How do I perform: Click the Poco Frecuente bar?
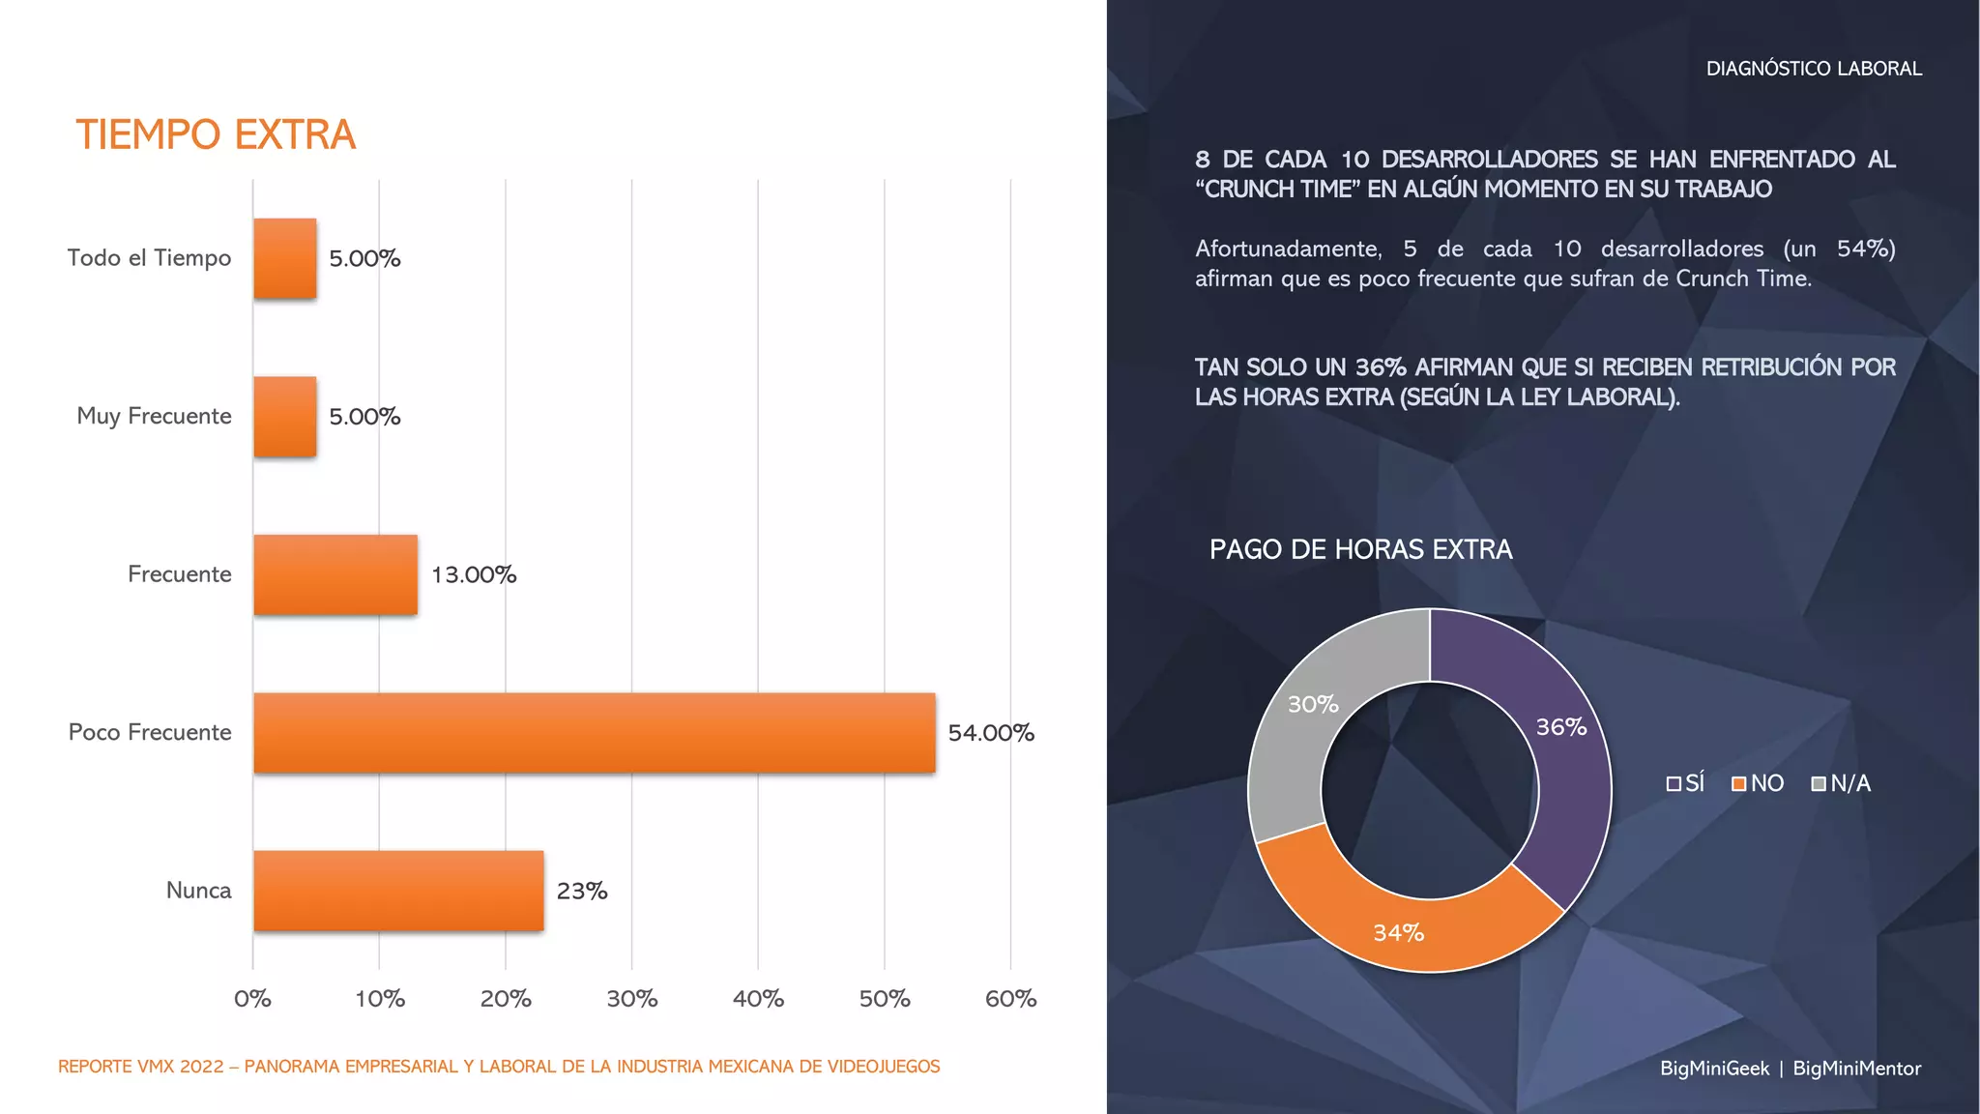pyautogui.click(x=594, y=732)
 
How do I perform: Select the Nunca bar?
pyautogui.click(x=398, y=891)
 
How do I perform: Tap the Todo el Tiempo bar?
pyautogui.click(x=285, y=258)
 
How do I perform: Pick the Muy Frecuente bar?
pyautogui.click(x=285, y=416)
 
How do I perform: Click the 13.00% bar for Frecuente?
pyautogui.click(x=335, y=574)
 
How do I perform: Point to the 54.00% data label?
pyautogui.click(x=991, y=733)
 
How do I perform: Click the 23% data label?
pyautogui.click(x=582, y=891)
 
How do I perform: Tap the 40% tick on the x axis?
pyautogui.click(x=758, y=999)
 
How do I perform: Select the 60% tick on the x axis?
pyautogui.click(x=1010, y=999)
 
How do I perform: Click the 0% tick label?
pyautogui.click(x=253, y=999)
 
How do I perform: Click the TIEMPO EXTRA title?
pyautogui.click(x=216, y=135)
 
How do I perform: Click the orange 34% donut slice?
pyautogui.click(x=1402, y=923)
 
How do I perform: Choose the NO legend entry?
pyautogui.click(x=1759, y=783)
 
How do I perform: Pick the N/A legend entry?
pyautogui.click(x=1842, y=783)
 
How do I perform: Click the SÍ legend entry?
pyautogui.click(x=1686, y=783)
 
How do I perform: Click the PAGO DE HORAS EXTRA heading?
pyautogui.click(x=1360, y=549)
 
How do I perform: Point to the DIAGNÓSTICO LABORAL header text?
pyautogui.click(x=1814, y=69)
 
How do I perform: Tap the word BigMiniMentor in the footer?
pyautogui.click(x=1856, y=1069)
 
